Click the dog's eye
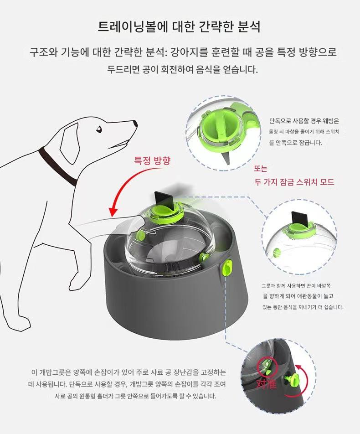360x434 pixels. pos(99,129)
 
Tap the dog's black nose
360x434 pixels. pos(135,123)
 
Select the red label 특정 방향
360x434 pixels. pos(152,161)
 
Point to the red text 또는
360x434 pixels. pos(261,169)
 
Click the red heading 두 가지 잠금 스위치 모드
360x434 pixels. pos(294,182)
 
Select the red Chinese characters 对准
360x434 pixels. pos(266,384)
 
